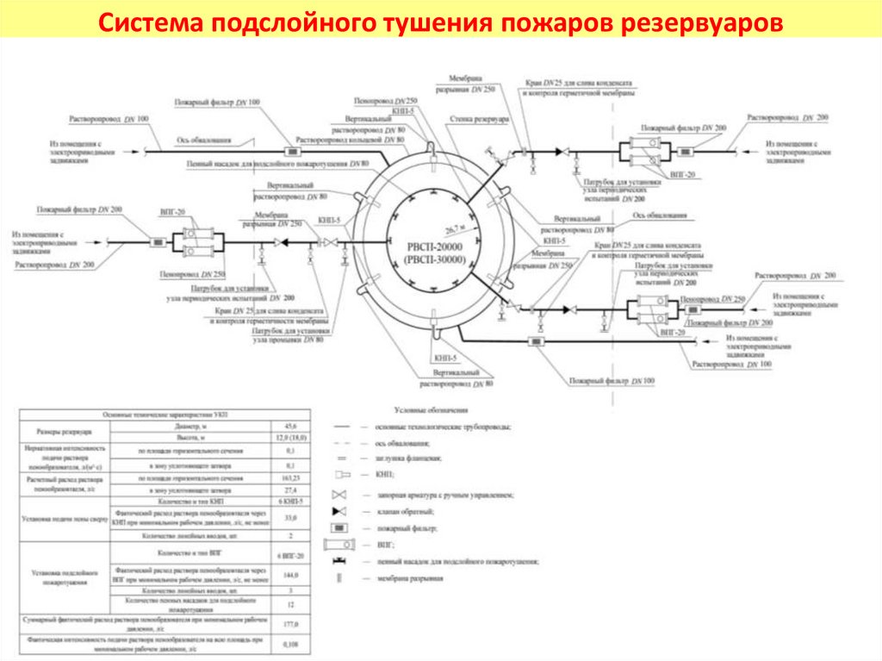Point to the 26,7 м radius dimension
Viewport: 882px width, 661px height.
point(455,230)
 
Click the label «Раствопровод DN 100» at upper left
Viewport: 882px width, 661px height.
point(109,117)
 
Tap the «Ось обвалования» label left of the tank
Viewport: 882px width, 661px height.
point(204,138)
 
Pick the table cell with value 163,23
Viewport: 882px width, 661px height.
point(290,477)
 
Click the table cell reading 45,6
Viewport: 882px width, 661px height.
point(290,427)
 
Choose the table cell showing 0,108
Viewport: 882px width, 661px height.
point(290,644)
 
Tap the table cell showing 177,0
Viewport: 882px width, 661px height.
point(290,623)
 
